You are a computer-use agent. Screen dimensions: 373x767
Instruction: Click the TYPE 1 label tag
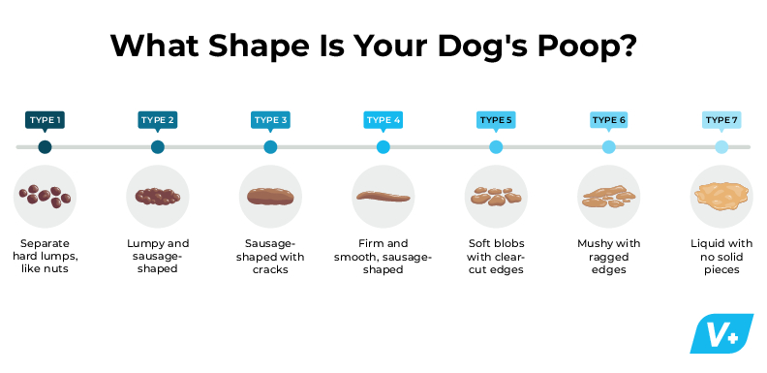(x=45, y=120)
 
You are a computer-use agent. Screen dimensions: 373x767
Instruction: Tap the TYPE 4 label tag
(x=383, y=120)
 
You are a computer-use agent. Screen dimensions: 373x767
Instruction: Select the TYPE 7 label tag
(x=721, y=120)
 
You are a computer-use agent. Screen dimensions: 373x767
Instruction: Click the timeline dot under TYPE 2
(x=158, y=147)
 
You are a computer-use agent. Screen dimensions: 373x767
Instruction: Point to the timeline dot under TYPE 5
(x=496, y=147)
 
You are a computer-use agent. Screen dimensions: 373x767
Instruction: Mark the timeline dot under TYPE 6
(x=608, y=147)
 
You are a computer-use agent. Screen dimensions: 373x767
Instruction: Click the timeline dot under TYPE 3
(x=270, y=147)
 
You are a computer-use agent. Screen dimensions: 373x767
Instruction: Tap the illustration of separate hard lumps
(x=46, y=196)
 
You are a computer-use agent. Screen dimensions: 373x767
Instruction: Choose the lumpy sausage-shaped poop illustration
(x=158, y=196)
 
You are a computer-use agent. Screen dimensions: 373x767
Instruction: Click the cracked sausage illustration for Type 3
(x=270, y=196)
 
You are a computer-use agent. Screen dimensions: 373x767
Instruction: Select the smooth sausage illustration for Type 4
(x=383, y=197)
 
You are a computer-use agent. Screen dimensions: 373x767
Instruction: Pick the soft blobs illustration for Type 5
(x=496, y=197)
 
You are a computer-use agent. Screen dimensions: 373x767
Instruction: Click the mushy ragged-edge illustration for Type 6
(x=608, y=197)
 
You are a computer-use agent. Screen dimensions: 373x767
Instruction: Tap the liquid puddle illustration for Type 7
(x=721, y=197)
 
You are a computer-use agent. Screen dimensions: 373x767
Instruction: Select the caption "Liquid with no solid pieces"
(x=721, y=257)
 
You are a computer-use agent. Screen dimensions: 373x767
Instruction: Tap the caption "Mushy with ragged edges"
(x=608, y=257)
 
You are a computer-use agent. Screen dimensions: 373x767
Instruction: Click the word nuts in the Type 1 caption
(x=65, y=269)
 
